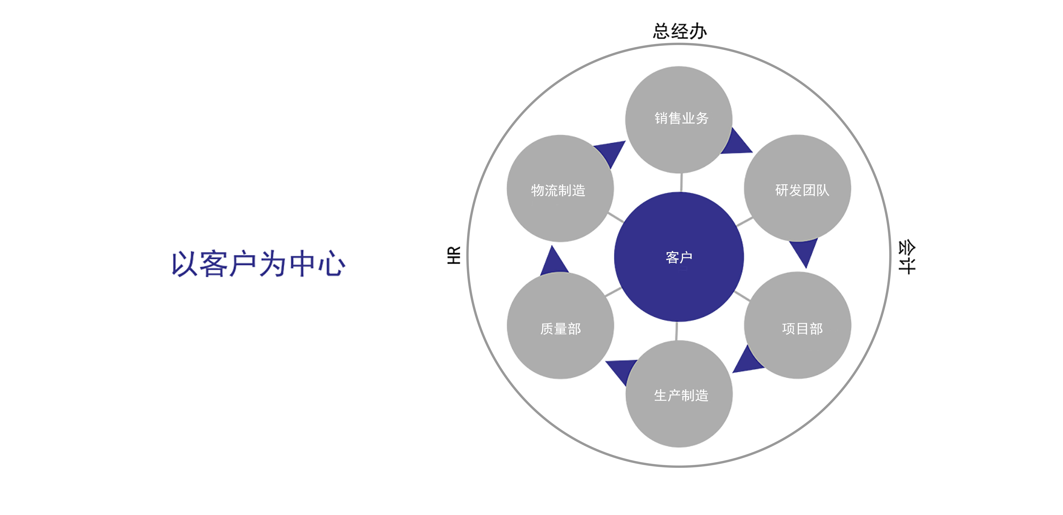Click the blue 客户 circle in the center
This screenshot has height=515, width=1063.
click(x=679, y=257)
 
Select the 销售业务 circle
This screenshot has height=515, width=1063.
click(x=679, y=120)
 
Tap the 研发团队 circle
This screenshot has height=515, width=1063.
click(x=797, y=188)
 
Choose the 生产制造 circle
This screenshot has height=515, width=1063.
click(x=679, y=394)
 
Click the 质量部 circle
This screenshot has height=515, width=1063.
click(x=560, y=325)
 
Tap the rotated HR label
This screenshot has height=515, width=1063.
click(x=454, y=255)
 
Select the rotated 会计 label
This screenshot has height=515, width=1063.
click(x=907, y=257)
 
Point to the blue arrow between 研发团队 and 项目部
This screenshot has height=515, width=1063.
click(x=804, y=251)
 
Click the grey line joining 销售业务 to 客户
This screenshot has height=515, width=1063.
click(x=681, y=182)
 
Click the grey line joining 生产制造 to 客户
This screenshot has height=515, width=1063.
click(x=677, y=331)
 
